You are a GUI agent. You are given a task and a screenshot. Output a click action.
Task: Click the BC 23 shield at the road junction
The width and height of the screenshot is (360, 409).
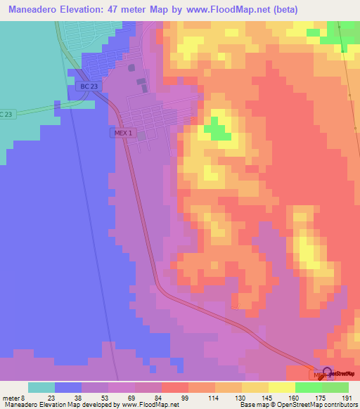(x=87, y=86)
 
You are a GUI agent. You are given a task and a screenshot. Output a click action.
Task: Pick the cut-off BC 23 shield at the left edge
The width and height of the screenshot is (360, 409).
(x=6, y=114)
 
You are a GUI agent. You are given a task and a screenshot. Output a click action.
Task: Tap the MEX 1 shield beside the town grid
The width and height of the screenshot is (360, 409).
(x=121, y=132)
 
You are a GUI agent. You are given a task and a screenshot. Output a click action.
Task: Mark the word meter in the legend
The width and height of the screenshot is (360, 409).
(x=11, y=398)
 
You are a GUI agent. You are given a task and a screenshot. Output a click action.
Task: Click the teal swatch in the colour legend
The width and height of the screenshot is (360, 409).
(x=41, y=387)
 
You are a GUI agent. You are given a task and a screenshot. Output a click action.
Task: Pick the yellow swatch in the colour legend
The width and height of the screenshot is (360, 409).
(x=282, y=387)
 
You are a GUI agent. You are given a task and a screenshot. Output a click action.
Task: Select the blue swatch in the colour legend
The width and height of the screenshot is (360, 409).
(x=67, y=387)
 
